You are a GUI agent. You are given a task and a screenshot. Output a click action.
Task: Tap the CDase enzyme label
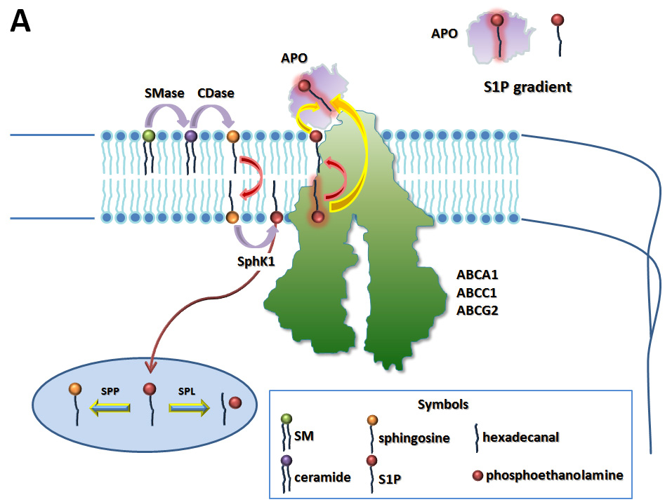[x=216, y=93]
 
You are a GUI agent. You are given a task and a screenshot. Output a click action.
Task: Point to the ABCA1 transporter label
[x=477, y=276]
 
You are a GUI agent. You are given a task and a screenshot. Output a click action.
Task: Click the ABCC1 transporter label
[x=477, y=292]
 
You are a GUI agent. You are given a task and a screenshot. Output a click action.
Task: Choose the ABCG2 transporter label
[x=477, y=309]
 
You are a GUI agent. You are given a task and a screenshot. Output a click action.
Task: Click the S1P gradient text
[x=527, y=87]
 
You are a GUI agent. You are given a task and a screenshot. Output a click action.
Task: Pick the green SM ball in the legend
[x=286, y=419]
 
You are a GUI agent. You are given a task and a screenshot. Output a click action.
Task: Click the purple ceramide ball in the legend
[x=286, y=461]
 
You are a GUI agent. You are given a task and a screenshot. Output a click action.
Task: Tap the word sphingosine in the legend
[x=414, y=438]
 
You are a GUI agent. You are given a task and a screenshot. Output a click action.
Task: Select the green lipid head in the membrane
[x=148, y=135]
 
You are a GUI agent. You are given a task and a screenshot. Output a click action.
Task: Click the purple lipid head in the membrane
[x=190, y=136]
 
